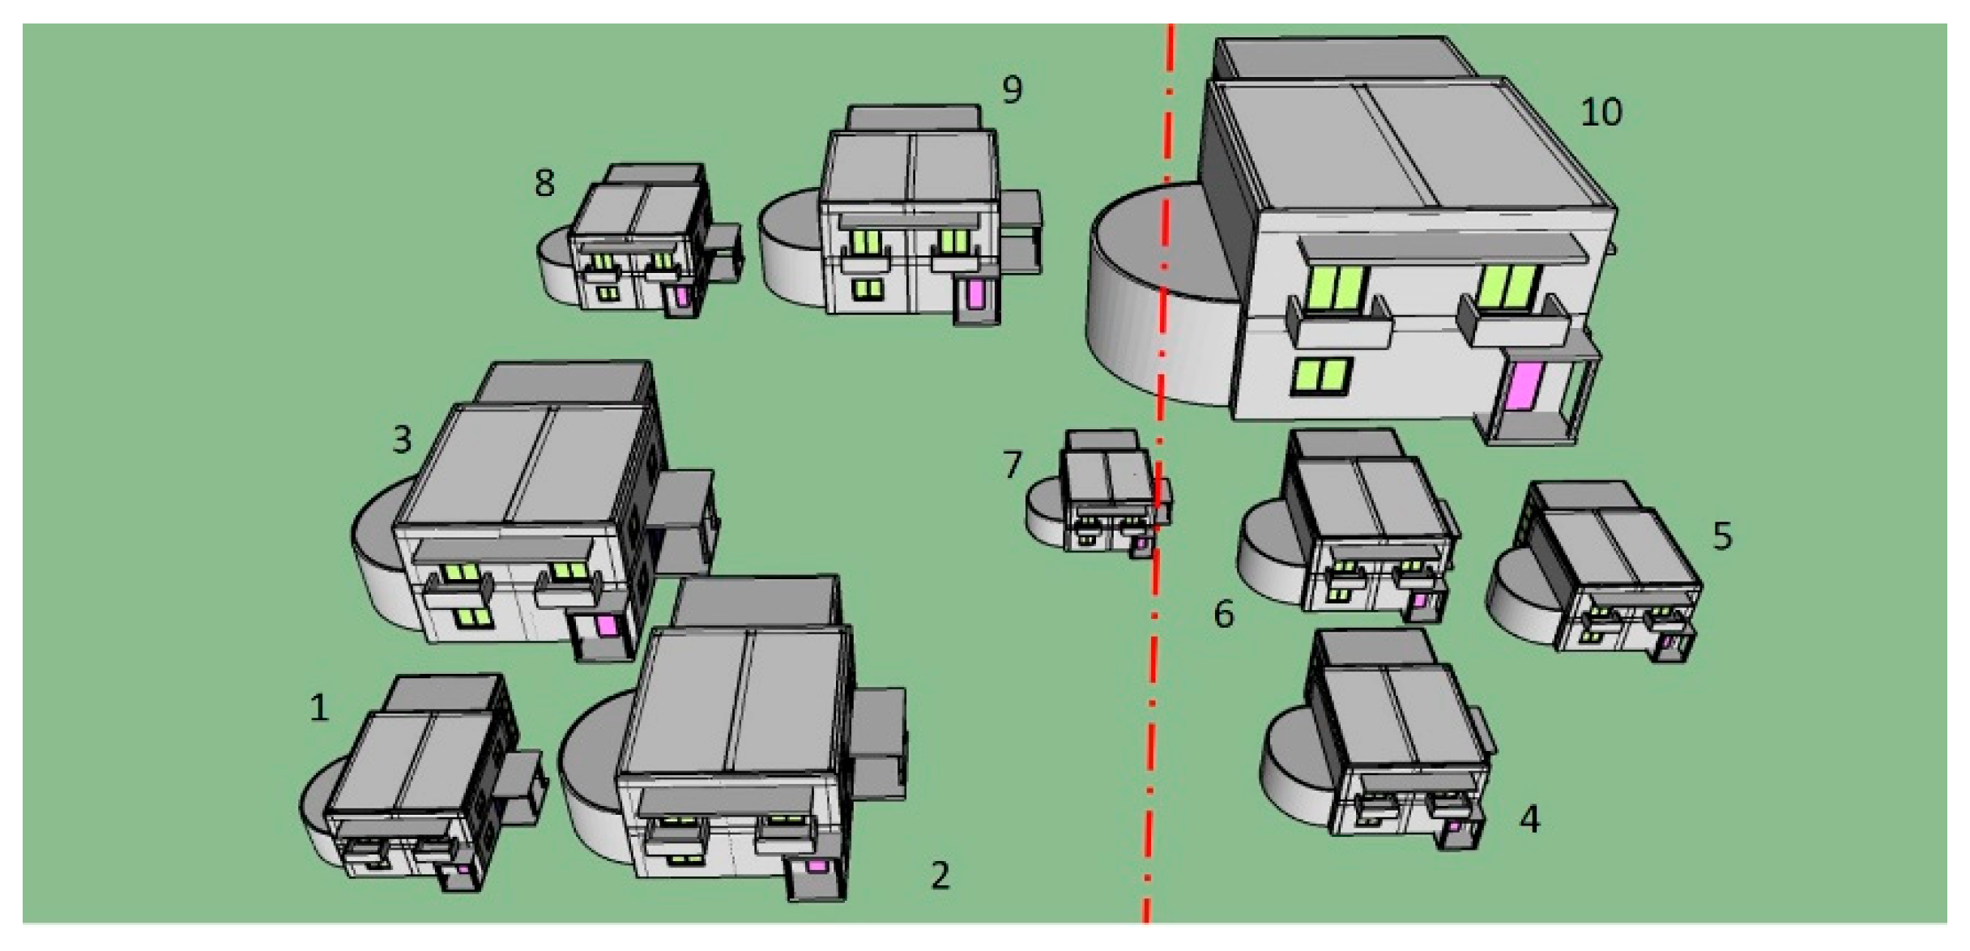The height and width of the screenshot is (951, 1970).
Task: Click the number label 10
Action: click(1601, 112)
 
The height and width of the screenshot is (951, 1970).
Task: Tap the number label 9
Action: click(1012, 90)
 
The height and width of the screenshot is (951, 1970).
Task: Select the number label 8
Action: click(544, 182)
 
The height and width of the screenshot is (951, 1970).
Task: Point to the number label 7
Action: click(1013, 465)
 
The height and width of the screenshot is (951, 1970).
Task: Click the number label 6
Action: click(1224, 614)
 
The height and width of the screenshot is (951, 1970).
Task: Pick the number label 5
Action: click(1723, 536)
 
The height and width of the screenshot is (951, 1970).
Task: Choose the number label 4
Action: click(1529, 819)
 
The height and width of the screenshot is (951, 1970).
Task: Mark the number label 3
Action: click(403, 440)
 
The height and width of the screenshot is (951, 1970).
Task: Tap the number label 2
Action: click(940, 876)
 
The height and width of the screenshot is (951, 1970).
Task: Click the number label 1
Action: click(319, 708)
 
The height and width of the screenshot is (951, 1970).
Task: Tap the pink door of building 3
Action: click(607, 625)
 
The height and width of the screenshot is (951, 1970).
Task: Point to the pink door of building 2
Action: click(817, 866)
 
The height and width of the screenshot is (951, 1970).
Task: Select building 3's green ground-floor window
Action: click(473, 618)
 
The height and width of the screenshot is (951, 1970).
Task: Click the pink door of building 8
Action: click(682, 296)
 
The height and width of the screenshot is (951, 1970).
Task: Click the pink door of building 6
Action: click(1419, 602)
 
